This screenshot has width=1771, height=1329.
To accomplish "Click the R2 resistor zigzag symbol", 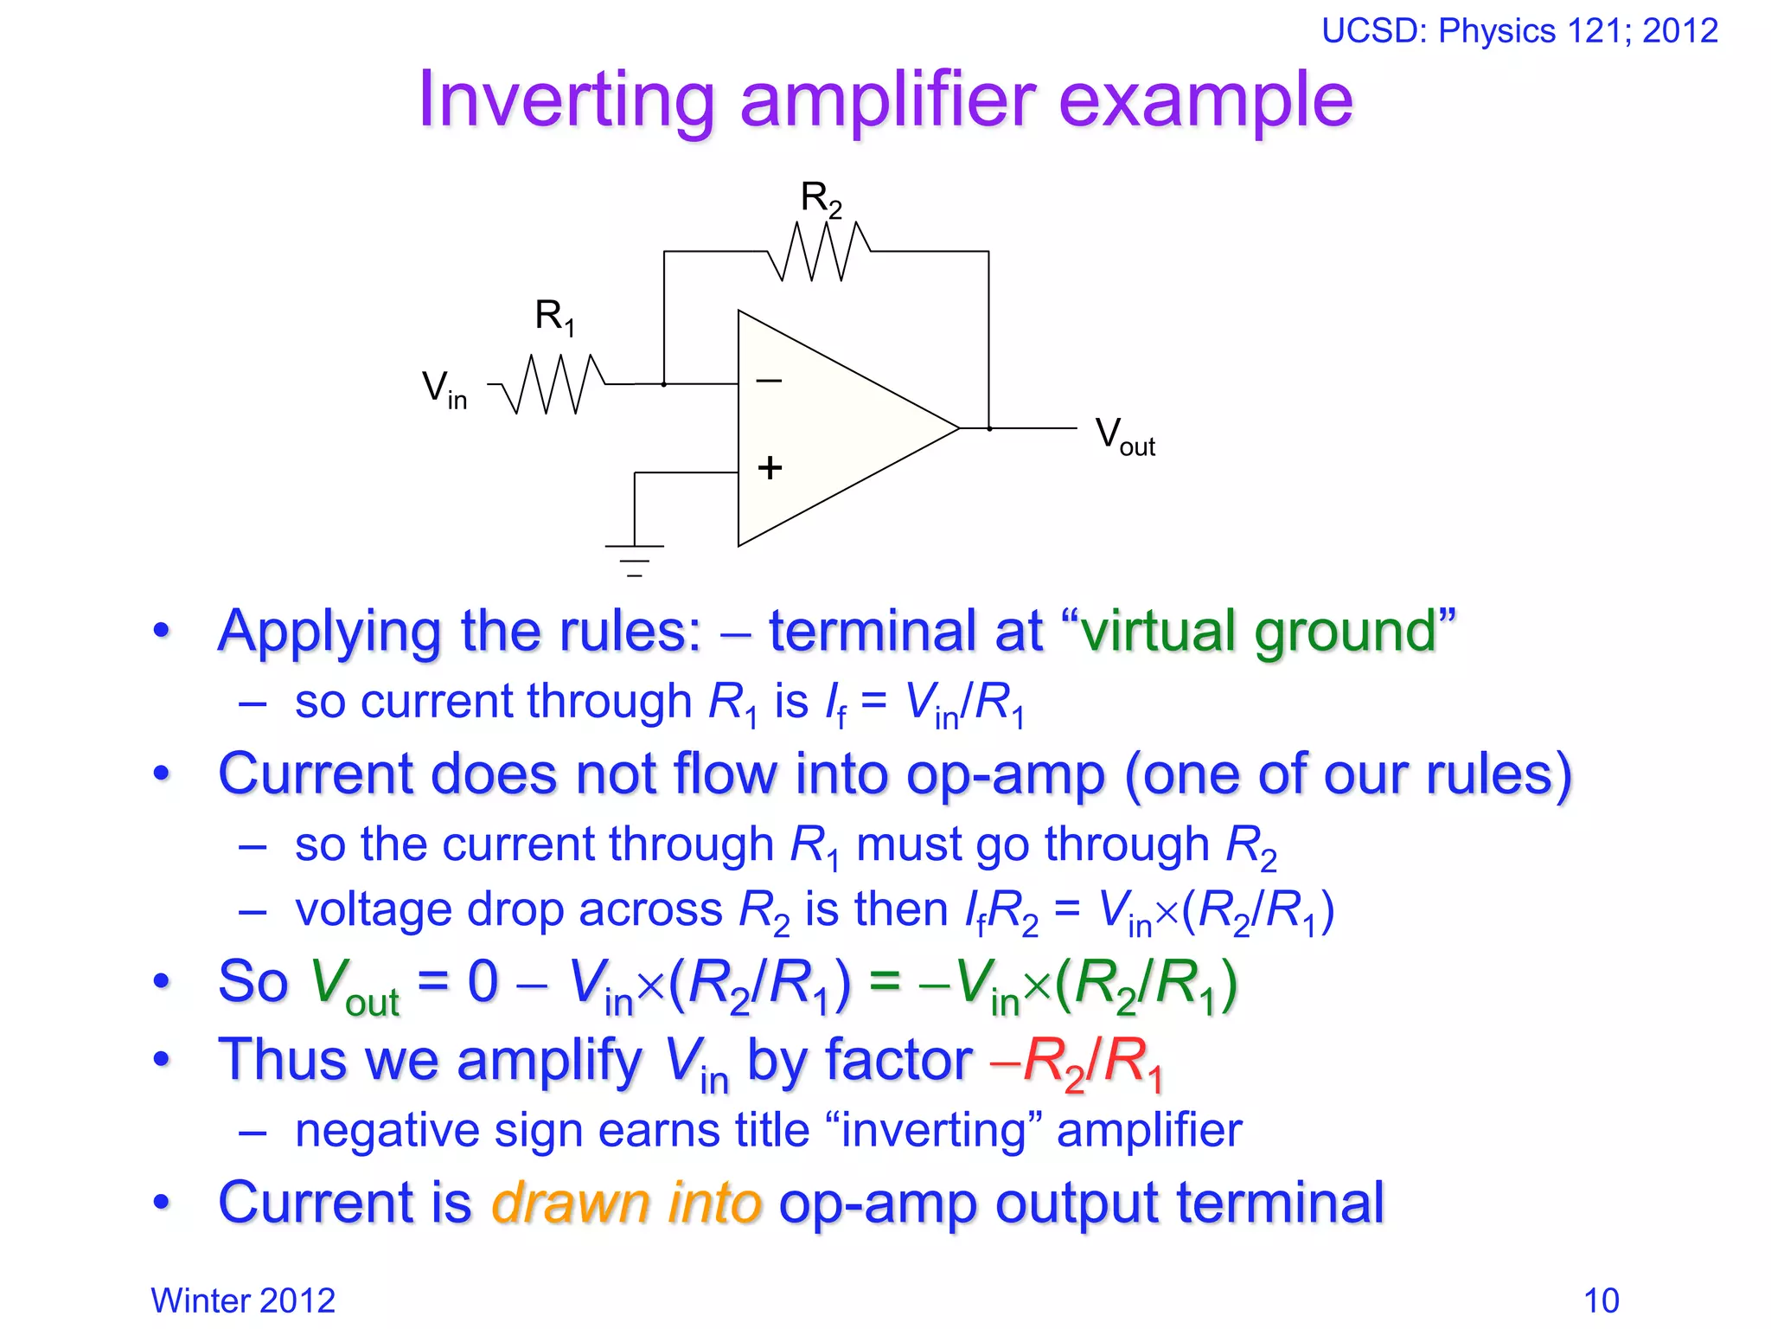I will (x=818, y=252).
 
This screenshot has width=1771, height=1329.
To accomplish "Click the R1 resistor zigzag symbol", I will (x=553, y=383).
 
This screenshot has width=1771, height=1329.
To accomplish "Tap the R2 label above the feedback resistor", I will (x=820, y=199).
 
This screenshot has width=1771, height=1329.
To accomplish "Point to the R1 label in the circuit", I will (x=554, y=317).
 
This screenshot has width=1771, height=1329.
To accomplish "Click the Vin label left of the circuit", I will (x=444, y=388).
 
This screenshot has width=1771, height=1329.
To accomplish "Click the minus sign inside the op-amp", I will (x=769, y=380).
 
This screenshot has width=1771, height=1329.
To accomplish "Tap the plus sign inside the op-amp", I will (x=770, y=468).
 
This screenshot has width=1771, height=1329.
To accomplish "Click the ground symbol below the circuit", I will (x=634, y=558).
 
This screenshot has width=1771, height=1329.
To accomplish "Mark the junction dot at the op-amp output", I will (x=989, y=428).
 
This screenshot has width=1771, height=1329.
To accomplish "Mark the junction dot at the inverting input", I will (x=663, y=383).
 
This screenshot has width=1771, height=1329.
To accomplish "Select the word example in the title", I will (x=1205, y=100).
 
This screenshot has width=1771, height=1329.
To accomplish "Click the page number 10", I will (x=1601, y=1300).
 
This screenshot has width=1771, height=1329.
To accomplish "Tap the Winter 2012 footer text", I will (x=243, y=1300).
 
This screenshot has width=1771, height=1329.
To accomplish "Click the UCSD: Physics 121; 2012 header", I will (x=1519, y=31).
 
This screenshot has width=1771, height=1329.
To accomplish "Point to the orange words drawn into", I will (x=626, y=1203).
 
